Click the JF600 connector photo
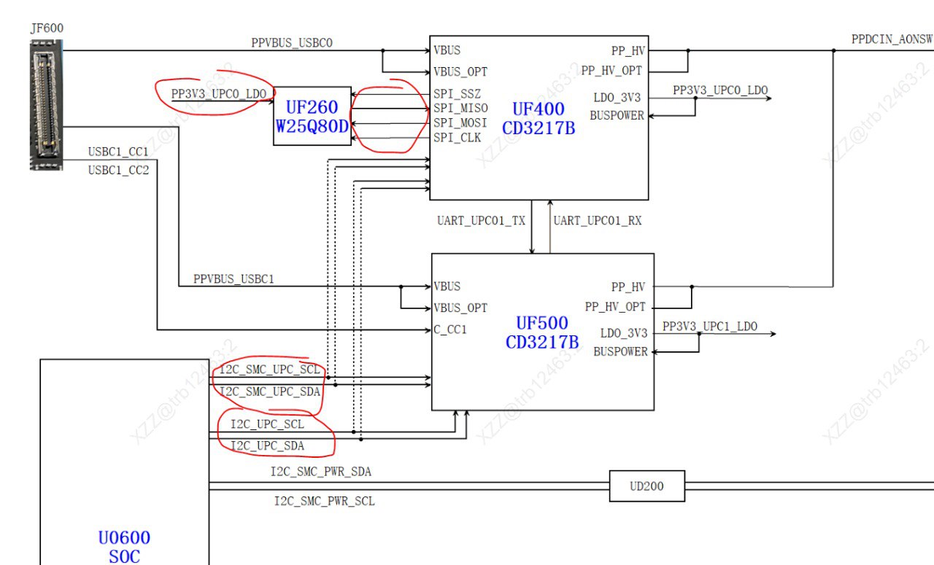(x=46, y=104)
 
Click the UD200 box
(x=647, y=486)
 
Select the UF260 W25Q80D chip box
(x=312, y=116)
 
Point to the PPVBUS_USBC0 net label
(x=292, y=43)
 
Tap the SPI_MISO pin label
(x=460, y=109)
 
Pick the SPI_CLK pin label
(x=457, y=138)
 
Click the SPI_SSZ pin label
(x=457, y=94)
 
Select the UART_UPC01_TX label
(x=481, y=220)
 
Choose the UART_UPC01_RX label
(x=598, y=220)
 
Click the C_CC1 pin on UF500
(x=450, y=330)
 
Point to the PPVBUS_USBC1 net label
(x=234, y=278)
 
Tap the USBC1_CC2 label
(x=118, y=170)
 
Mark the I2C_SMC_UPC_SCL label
(x=270, y=370)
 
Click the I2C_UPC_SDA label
(x=268, y=446)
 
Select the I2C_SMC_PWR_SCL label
(x=325, y=501)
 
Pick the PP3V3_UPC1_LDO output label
(x=710, y=327)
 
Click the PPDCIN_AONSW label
(x=892, y=39)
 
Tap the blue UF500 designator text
(x=542, y=323)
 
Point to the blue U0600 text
(x=124, y=537)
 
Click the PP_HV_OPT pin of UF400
(x=611, y=71)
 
